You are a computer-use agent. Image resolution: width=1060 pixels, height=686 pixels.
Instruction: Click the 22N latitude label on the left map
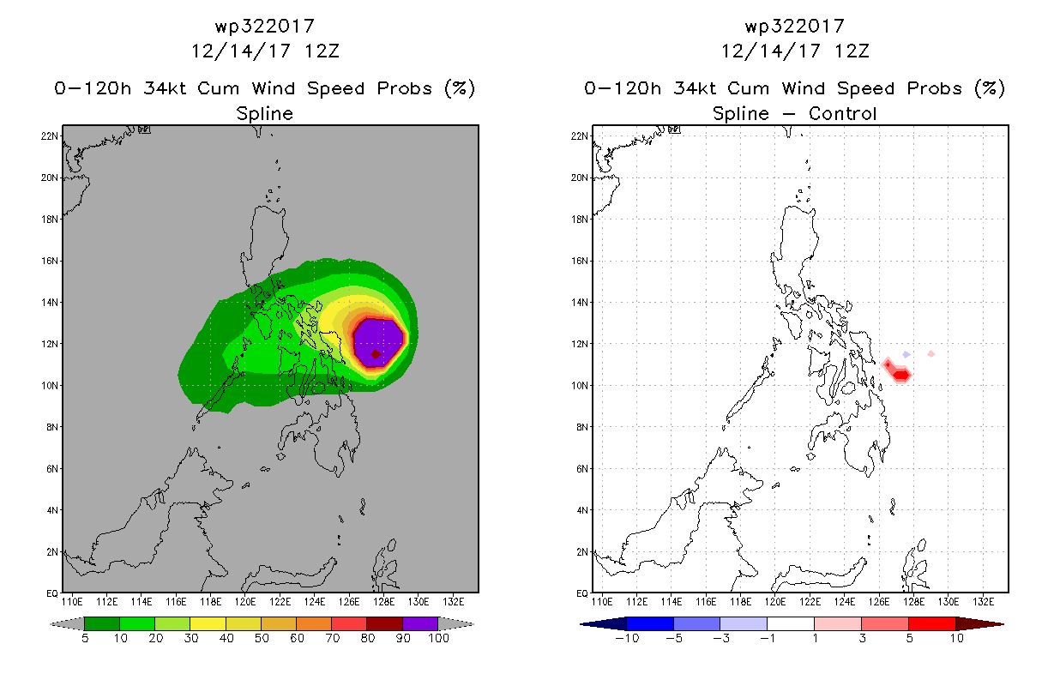tap(49, 136)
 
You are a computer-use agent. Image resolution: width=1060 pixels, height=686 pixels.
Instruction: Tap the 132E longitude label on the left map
tap(453, 602)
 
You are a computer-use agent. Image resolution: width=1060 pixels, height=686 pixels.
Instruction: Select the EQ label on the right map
tap(582, 593)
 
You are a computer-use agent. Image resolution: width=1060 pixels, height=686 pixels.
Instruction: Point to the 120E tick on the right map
tap(775, 602)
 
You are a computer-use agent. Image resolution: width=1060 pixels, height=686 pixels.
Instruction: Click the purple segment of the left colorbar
tap(420, 623)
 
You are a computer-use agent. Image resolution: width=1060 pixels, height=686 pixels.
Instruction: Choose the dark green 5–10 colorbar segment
tap(102, 623)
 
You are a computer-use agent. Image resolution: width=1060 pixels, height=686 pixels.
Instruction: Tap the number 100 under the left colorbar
tap(438, 638)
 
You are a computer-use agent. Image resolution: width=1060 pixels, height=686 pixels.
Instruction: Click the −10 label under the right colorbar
tap(627, 638)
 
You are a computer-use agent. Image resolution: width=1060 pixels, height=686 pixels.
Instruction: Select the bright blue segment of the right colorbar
tap(650, 623)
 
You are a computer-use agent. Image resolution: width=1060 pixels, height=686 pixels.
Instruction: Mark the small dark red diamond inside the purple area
tap(376, 354)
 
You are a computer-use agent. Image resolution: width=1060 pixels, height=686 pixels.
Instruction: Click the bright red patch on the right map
tap(901, 376)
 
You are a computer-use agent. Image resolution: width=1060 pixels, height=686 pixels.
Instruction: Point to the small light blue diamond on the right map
tap(906, 354)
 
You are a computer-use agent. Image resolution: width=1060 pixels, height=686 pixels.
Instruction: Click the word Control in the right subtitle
tap(842, 113)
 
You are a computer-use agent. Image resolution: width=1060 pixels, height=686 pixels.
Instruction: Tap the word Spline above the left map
tap(264, 113)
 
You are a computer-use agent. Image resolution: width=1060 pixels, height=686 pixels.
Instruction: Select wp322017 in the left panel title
tap(265, 26)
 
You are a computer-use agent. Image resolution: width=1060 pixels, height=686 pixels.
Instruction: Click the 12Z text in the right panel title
tap(852, 51)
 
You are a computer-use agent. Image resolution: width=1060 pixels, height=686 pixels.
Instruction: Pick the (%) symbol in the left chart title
tap(460, 88)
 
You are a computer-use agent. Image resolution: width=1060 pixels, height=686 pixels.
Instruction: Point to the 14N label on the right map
tap(579, 303)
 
